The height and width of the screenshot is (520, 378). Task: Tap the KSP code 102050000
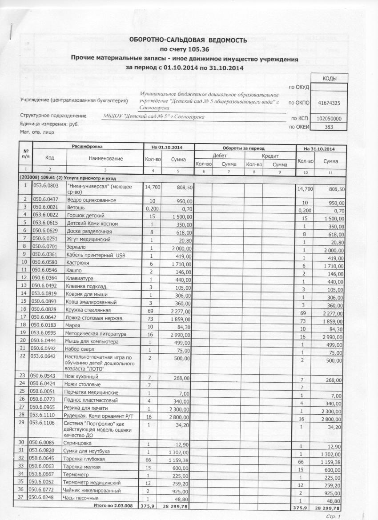329,119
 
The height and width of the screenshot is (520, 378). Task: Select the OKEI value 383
329,127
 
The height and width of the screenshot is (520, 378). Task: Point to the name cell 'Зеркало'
76,247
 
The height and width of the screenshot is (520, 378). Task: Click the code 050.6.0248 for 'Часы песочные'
45,498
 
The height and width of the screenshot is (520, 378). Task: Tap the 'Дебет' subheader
220,156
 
